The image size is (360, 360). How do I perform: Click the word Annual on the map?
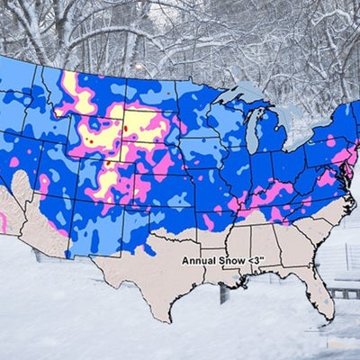point(197,260)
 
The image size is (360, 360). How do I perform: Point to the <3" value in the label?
point(251,260)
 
